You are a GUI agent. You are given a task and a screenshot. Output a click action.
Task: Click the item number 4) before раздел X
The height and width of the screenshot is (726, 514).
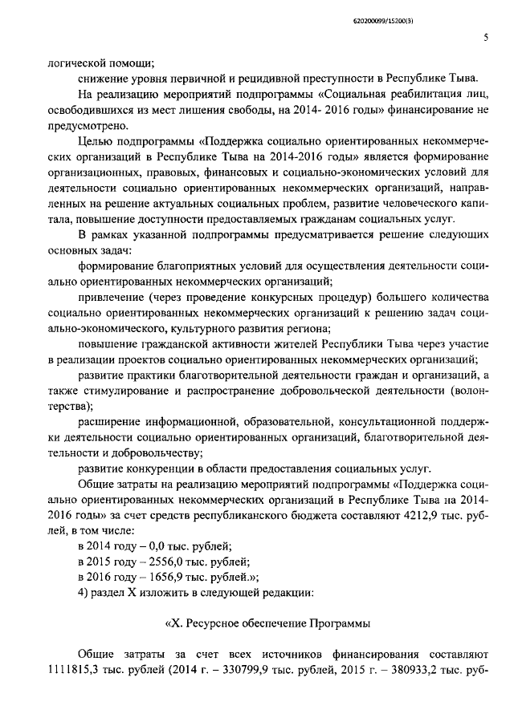pyautogui.click(x=85, y=594)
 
